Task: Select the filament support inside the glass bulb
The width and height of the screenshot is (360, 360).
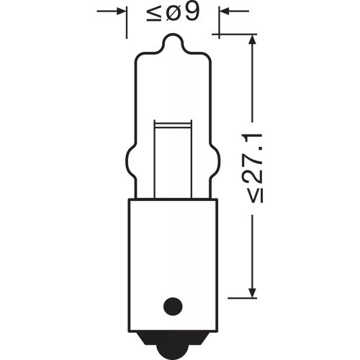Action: coord(173,158)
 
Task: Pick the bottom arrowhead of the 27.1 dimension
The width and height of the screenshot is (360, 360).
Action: coord(251,292)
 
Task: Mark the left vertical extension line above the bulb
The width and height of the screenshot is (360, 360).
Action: coord(127,22)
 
